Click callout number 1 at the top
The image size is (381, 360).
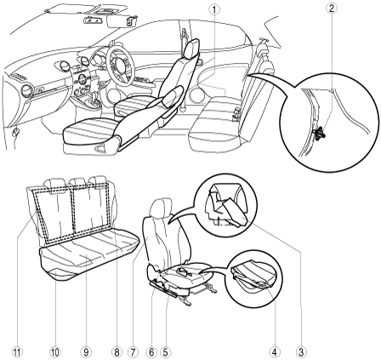pyautogui.click(x=214, y=9)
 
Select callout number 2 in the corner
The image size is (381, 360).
pyautogui.click(x=332, y=8)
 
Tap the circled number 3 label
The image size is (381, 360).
pyautogui.click(x=301, y=352)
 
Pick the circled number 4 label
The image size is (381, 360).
pyautogui.click(x=274, y=352)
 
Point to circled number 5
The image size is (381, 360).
pyautogui.click(x=165, y=352)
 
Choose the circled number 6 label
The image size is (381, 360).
pyautogui.click(x=151, y=352)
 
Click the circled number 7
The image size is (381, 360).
pyautogui.click(x=133, y=352)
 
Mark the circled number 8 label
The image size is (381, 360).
pyautogui.click(x=117, y=352)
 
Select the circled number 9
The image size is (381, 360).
pyautogui.click(x=86, y=352)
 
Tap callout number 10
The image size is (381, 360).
pyautogui.click(x=55, y=352)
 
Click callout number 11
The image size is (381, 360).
pyautogui.click(x=17, y=352)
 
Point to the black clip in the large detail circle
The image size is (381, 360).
pyautogui.click(x=319, y=134)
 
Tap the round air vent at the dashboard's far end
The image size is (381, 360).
pyautogui.click(x=27, y=91)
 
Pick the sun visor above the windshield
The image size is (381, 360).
pyautogui.click(x=121, y=21)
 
